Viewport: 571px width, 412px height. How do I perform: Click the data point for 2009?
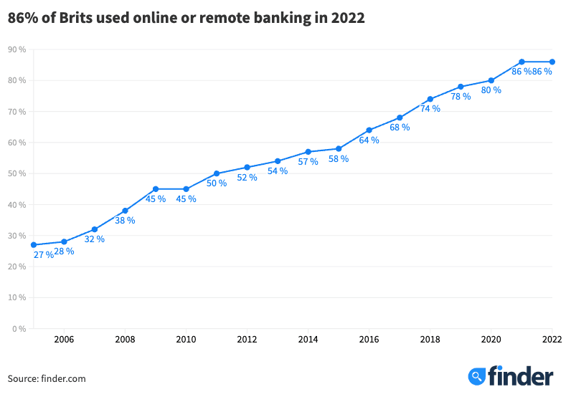click(x=156, y=189)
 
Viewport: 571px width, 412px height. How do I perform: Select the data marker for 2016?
click(x=369, y=130)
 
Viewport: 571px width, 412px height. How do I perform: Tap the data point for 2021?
click(x=522, y=62)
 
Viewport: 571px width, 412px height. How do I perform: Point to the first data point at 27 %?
click(x=34, y=245)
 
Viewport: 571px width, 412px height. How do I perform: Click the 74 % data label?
click(x=430, y=109)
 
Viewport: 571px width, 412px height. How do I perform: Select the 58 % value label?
click(x=339, y=159)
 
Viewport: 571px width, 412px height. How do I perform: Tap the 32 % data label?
click(x=95, y=239)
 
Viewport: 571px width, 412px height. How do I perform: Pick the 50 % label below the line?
click(x=217, y=183)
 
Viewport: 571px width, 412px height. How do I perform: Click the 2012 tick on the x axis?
click(x=247, y=340)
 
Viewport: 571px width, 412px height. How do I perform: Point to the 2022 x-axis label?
click(x=552, y=340)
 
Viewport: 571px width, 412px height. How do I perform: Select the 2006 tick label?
click(x=64, y=340)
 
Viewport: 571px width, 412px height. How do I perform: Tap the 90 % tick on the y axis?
click(x=17, y=49)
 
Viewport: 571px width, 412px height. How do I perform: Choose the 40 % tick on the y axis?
click(x=17, y=205)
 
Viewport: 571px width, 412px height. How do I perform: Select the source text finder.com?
click(x=62, y=378)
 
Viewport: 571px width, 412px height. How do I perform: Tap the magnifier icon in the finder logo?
click(x=476, y=376)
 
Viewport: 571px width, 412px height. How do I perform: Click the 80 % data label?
click(x=491, y=90)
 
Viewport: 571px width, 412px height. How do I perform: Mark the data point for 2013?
click(x=278, y=161)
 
